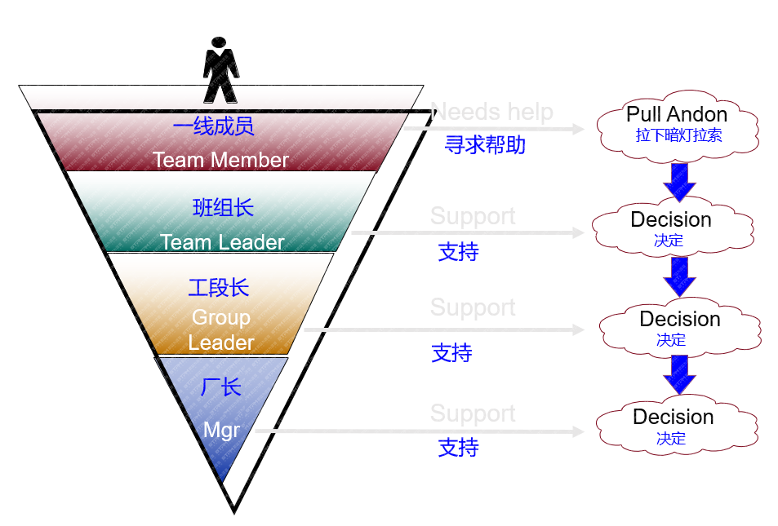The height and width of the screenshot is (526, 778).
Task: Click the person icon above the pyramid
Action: pos(220,70)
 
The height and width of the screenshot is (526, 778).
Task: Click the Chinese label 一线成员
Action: pos(214,126)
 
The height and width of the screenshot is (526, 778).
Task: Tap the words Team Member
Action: pos(220,160)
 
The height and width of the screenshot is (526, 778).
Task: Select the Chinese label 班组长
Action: pos(223,208)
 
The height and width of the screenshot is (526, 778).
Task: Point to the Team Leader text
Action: pos(222,242)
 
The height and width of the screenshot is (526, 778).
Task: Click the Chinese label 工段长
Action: pos(219,288)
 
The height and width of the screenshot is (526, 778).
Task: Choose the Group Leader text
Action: pos(221,329)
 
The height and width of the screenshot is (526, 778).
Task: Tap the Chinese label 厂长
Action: pos(221,387)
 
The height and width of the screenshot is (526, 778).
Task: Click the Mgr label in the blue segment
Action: pos(221,430)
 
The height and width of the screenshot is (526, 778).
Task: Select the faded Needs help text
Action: pos(491,112)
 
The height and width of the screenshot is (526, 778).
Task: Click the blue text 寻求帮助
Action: pos(485,145)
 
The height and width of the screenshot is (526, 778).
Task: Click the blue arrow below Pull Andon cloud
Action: pos(679,181)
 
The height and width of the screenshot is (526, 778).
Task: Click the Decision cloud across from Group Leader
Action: pos(679,326)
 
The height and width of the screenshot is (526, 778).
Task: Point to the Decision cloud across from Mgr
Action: pos(674,424)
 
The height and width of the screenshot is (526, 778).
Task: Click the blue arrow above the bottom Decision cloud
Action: pos(679,374)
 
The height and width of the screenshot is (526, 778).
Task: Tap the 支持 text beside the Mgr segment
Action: pos(458,448)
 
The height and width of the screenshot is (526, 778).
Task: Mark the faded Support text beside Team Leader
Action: pos(473,216)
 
